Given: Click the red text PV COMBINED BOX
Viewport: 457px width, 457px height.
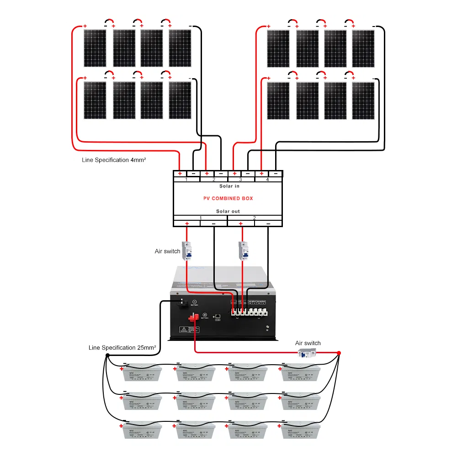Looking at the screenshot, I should pyautogui.click(x=228, y=198).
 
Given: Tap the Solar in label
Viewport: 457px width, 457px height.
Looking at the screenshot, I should pyautogui.click(x=229, y=186).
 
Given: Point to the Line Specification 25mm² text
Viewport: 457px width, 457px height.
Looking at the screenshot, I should pyautogui.click(x=122, y=348).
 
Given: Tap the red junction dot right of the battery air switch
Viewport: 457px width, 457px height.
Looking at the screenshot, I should pyautogui.click(x=339, y=353).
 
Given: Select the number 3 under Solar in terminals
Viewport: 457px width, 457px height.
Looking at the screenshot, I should pyautogui.click(x=240, y=180).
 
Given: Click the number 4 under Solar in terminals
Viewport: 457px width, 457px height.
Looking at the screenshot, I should pyautogui.click(x=267, y=180).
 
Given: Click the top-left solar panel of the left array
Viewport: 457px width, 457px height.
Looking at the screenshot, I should pyautogui.click(x=95, y=48).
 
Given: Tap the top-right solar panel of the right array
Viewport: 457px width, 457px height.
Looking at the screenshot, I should pyautogui.click(x=363, y=48).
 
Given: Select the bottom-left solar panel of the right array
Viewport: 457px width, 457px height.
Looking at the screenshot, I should pyautogui.click(x=278, y=101).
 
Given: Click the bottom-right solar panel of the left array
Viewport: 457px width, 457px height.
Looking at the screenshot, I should pyautogui.click(x=180, y=101).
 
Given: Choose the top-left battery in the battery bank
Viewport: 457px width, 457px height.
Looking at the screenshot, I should pyautogui.click(x=142, y=372).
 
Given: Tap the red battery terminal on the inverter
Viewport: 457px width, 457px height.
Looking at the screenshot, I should pyautogui.click(x=192, y=319).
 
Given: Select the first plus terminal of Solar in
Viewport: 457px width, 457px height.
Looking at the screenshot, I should pyautogui.click(x=180, y=174).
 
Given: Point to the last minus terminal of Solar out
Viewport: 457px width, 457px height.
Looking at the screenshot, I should pyautogui.click(x=268, y=223).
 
